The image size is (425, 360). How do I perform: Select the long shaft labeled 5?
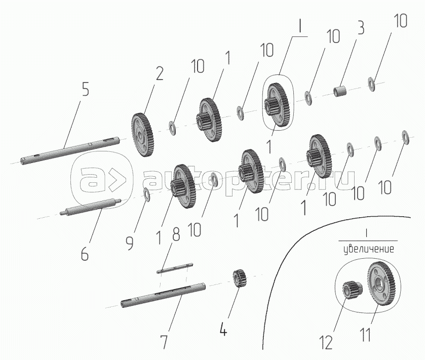[70, 150]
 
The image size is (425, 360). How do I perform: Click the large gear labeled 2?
[142, 135]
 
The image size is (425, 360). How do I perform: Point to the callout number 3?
[361, 28]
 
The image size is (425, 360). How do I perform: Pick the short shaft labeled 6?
[91, 207]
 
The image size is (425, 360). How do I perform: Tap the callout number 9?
[130, 243]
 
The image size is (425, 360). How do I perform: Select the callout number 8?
[176, 234]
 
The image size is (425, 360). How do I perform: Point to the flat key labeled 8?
[175, 268]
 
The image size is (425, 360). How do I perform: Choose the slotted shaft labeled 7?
[163, 296]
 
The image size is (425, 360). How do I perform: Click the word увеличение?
[369, 249]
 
